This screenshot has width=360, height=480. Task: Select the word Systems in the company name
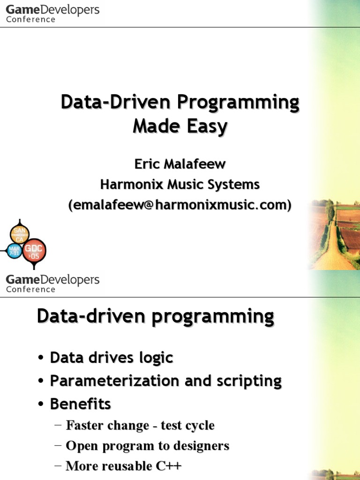coord(234,184)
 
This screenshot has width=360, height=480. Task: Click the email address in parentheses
coord(180,205)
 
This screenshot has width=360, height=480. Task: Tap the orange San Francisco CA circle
coord(20,234)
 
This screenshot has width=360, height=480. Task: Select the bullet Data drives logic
coord(112,358)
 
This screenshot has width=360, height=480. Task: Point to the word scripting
coord(249,381)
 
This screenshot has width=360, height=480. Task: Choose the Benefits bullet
coord(80,404)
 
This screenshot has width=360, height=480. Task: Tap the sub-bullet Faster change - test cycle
coord(140,426)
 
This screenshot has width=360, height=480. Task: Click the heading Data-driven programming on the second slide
coord(155,316)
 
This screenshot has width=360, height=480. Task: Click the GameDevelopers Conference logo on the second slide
coord(52,284)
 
